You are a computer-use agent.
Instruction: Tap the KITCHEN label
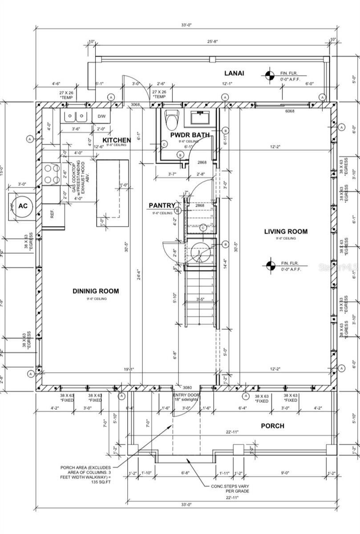[117, 140]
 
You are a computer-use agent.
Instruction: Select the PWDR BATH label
[190, 135]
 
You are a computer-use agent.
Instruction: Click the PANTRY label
[162, 205]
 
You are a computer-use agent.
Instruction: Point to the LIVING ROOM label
[285, 231]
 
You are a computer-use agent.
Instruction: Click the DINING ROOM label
[96, 291]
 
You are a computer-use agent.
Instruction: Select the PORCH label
[272, 426]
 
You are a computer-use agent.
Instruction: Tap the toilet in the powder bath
[171, 119]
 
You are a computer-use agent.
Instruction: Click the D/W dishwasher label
[101, 117]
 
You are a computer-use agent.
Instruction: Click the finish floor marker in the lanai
[269, 76]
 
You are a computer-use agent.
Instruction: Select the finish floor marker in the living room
[269, 266]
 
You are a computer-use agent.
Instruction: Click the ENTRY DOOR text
[186, 395]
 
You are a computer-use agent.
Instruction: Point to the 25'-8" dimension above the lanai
[211, 41]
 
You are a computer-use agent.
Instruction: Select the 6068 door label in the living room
[290, 112]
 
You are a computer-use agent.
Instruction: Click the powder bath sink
[203, 118]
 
